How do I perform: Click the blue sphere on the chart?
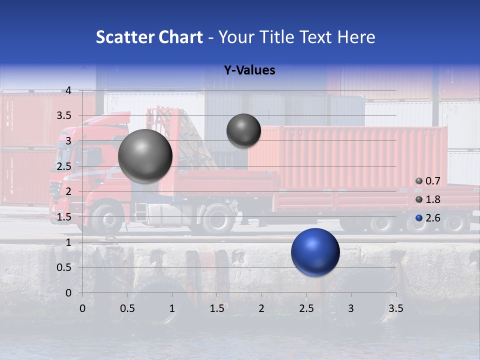pos(315,252)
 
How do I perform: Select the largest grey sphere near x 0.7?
pos(145,156)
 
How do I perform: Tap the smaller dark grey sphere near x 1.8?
pos(243,130)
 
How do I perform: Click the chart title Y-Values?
pos(249,70)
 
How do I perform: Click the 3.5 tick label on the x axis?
pos(395,308)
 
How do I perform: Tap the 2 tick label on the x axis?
pos(261,308)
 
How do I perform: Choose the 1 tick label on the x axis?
pos(172,308)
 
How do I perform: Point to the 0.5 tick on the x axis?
pos(127,308)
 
